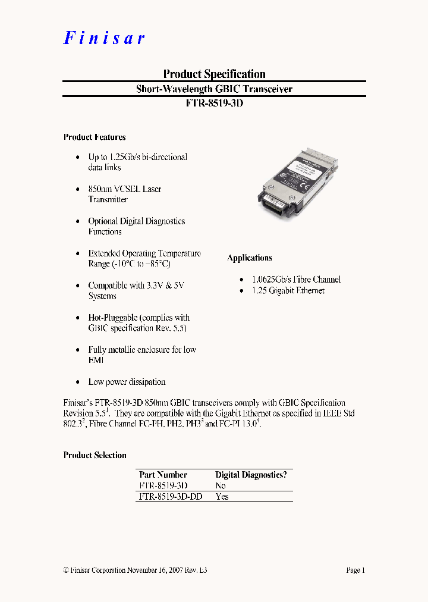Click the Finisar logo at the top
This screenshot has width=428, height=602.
(104, 38)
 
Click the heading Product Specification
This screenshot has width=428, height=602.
(214, 74)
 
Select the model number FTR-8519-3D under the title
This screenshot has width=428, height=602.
(214, 102)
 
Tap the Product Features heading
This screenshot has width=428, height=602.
(95, 137)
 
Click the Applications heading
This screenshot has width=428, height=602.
(250, 258)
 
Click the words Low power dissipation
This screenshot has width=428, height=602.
(127, 382)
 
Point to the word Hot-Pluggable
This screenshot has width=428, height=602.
(113, 318)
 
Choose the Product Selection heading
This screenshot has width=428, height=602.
(95, 455)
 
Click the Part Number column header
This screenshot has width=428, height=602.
(163, 475)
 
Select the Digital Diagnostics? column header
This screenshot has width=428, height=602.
(251, 475)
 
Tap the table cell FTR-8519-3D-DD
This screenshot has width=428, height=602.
(170, 496)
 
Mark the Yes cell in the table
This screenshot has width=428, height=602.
(222, 496)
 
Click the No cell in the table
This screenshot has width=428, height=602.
(221, 485)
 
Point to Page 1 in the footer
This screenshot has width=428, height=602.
(355, 570)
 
